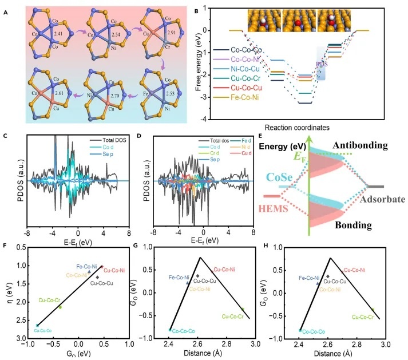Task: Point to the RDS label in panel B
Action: (319, 65)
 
